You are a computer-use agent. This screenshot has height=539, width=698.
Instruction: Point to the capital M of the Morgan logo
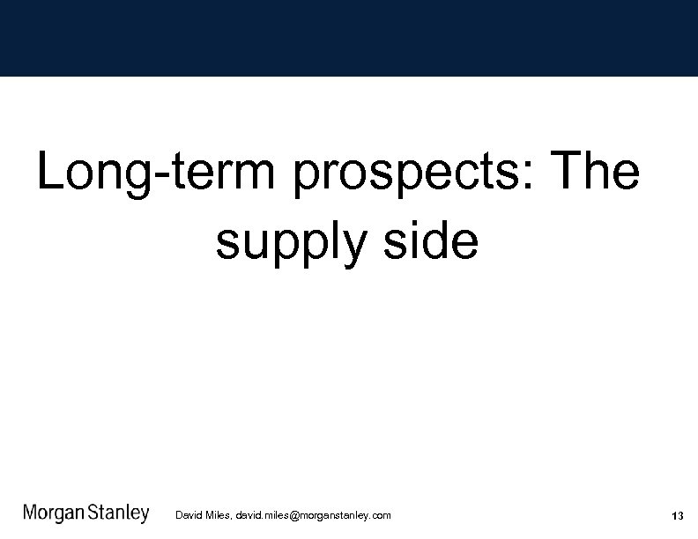[x=31, y=513]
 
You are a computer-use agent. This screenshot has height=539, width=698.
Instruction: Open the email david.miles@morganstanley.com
[x=313, y=515]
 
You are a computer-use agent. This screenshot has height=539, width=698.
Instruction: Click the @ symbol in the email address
[x=294, y=515]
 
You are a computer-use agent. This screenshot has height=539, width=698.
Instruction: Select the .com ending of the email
[x=381, y=515]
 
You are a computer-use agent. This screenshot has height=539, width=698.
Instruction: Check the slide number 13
[x=677, y=516]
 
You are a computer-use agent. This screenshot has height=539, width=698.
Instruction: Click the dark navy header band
[x=349, y=38]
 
